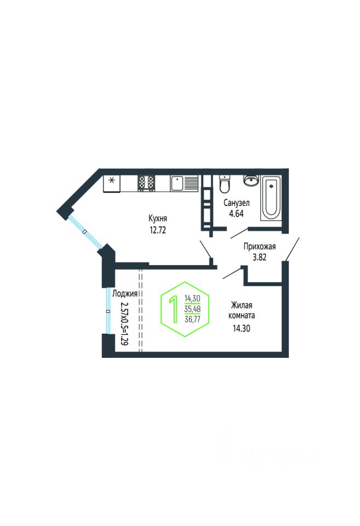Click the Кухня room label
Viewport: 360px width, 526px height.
158,219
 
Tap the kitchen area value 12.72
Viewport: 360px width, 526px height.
158,231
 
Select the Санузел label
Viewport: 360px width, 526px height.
237,203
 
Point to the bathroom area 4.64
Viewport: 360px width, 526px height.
236,214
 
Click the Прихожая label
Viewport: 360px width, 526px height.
260,247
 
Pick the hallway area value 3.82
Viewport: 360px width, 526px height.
260,258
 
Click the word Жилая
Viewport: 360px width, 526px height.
241,305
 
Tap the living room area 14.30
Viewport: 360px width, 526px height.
242,328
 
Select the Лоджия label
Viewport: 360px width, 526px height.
125,294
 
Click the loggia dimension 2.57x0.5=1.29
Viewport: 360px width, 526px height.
124,323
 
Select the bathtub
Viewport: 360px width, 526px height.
271,198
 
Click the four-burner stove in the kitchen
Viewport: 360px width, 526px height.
147,184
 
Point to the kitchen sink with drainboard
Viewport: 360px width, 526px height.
184,184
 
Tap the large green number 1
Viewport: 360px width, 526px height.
174,309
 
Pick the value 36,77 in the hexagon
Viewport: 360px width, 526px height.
192,319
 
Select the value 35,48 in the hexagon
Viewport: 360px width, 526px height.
192,308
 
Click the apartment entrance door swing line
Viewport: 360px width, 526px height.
292,249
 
